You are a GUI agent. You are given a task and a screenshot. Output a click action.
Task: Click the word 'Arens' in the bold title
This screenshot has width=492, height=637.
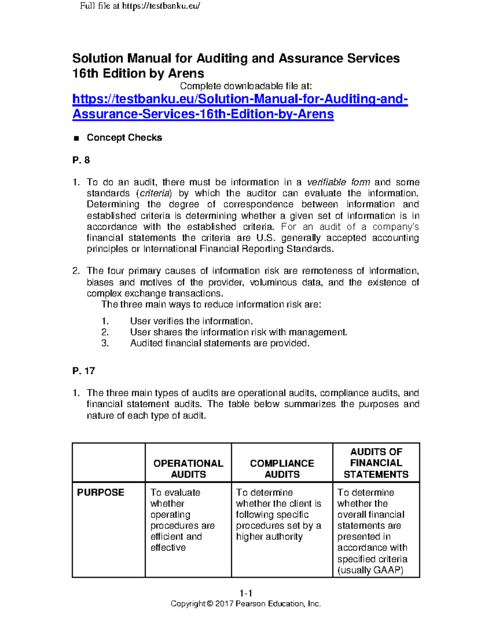point(186,73)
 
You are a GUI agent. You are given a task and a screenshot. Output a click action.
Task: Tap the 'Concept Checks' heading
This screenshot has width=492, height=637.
point(124,137)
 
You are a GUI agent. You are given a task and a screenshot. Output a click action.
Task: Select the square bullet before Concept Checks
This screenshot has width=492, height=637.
point(76,138)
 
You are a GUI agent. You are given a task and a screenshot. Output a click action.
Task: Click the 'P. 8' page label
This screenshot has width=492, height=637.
point(81,160)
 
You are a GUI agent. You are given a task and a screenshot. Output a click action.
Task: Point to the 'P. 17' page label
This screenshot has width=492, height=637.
point(84,371)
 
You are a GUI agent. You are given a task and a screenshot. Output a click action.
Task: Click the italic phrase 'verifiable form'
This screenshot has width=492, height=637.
point(338,182)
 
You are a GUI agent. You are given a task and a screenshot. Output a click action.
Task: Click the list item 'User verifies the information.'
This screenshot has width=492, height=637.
point(191,321)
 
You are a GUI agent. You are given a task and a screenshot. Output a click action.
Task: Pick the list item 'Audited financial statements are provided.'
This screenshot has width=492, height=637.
point(219,343)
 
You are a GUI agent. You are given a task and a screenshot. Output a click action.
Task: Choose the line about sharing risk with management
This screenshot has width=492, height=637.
point(238,332)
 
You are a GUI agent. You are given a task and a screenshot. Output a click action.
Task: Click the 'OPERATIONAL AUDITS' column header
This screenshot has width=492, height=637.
point(188,468)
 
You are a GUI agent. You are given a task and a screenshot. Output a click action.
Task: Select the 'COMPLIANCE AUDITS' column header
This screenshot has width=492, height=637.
point(282,468)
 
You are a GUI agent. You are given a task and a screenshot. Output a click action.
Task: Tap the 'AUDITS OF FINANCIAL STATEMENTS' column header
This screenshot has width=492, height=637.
point(376,463)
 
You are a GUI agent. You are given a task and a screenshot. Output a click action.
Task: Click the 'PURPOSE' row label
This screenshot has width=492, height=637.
point(100,492)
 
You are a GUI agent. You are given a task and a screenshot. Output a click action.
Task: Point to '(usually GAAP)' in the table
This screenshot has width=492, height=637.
point(370,570)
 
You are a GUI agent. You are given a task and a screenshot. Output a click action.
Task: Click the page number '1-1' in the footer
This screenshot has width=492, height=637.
point(246,593)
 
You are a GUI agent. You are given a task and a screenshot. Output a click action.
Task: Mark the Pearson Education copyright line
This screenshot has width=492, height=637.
point(246,604)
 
